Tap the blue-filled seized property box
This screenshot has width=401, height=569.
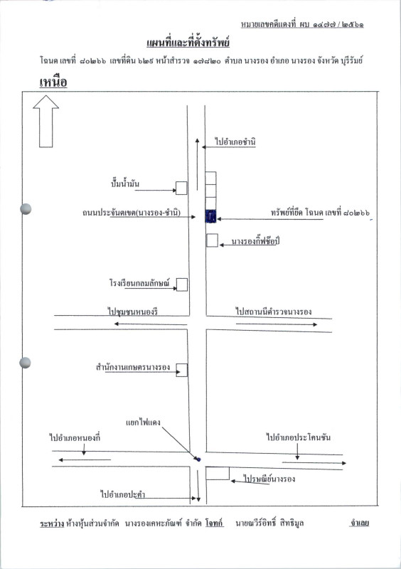pos(211,216)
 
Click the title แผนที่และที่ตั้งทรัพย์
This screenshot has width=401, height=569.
pos(188,43)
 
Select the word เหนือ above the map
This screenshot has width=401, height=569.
pos(53,82)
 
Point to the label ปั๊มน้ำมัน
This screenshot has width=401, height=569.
pos(125,184)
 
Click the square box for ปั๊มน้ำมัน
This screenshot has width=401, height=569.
pos(181,188)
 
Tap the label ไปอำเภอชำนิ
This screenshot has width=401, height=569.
pos(235,142)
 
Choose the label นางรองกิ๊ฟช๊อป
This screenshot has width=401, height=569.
pos(255,241)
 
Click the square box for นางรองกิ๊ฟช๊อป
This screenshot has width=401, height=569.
pos(213,240)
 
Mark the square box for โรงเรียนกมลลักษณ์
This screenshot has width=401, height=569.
pos(182,284)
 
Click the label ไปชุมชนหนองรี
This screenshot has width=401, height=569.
pos(133,312)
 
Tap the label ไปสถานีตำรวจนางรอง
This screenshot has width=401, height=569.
pos(274,312)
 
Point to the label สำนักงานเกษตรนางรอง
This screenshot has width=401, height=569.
pos(133,367)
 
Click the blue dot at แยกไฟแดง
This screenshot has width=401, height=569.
pos(199,459)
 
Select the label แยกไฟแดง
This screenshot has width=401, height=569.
pos(143,422)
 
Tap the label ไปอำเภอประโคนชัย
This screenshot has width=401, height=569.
pos(299,437)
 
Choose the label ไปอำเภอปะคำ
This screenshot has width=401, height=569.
pos(123,494)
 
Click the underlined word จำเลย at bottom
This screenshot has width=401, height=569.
pos(359,523)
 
